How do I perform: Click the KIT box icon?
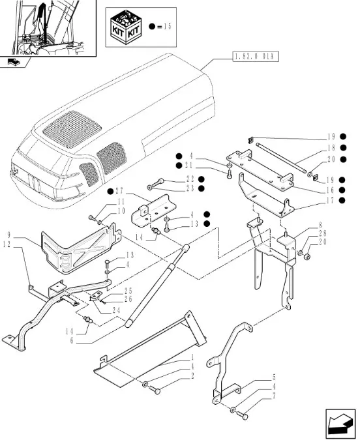click(x=125, y=27)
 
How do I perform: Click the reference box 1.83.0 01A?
click(x=256, y=57)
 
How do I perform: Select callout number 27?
click(x=119, y=192)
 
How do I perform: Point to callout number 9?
click(x=8, y=235)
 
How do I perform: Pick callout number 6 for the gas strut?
click(x=72, y=341)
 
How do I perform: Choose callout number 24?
click(x=116, y=310)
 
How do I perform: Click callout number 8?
click(x=320, y=225)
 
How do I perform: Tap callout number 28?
click(x=322, y=233)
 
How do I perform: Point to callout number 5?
click(x=274, y=377)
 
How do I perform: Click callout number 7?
click(x=274, y=396)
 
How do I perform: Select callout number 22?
click(x=190, y=179)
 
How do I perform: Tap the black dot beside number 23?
click(x=201, y=188)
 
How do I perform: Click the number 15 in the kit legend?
click(x=168, y=27)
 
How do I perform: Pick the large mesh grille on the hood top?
click(x=72, y=129)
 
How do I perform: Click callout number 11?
click(x=121, y=201)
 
